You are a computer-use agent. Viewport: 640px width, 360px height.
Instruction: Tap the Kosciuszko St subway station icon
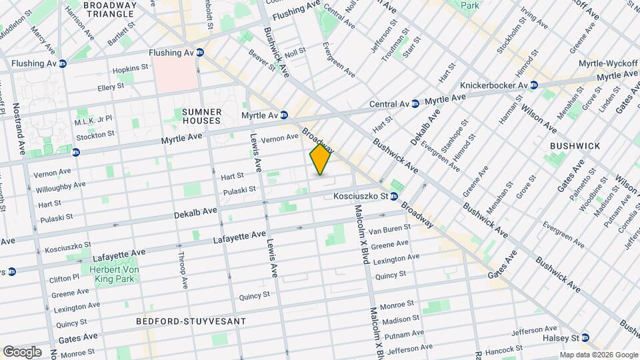click(x=394, y=197)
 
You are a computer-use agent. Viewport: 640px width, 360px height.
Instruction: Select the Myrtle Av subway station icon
click(x=283, y=115)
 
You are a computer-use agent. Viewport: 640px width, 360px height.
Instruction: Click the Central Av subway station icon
click(x=415, y=104)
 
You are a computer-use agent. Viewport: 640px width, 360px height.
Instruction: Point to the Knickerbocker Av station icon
click(x=533, y=85)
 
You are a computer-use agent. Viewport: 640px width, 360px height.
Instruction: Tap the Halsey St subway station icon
click(x=585, y=337)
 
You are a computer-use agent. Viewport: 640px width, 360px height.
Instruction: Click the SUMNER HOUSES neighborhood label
click(x=201, y=116)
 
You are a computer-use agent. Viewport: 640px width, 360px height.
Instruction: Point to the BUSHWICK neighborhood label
click(x=575, y=145)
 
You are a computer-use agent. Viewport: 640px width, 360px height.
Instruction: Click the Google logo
click(x=21, y=351)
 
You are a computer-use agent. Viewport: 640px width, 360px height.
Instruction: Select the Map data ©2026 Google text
click(x=598, y=355)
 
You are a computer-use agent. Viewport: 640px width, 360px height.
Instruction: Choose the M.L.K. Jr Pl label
click(x=93, y=121)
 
